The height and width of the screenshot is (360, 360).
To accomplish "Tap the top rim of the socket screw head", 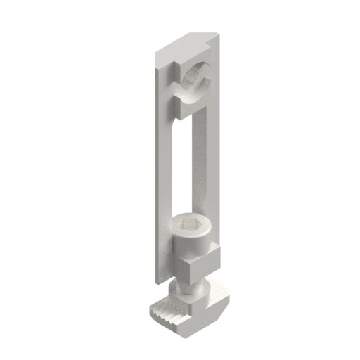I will coord(188,218).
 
